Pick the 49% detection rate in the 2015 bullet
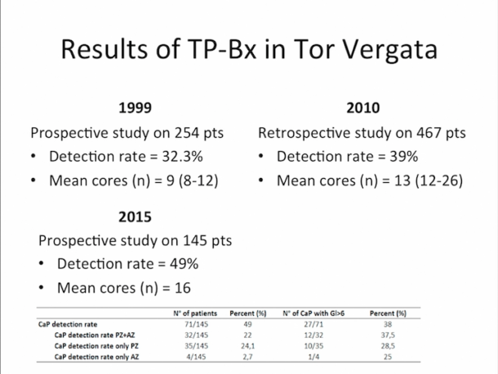point(178,264)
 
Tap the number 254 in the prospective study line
point(176,132)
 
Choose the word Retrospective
point(301,132)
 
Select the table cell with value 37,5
point(399,334)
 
